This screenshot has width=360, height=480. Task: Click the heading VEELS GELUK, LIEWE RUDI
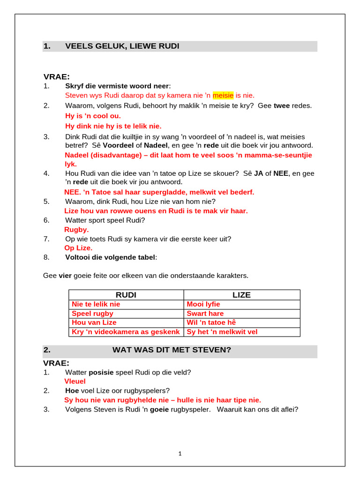[122, 46]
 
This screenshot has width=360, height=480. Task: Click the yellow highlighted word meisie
[223, 95]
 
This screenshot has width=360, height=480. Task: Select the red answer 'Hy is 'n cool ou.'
[93, 116]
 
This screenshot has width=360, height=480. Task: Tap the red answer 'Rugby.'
[76, 230]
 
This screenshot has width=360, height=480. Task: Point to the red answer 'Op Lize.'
[78, 248]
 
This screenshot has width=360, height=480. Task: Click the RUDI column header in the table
[126, 295]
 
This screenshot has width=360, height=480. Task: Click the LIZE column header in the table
[241, 295]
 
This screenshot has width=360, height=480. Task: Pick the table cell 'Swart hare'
[205, 314]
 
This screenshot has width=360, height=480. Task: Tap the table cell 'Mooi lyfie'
[203, 304]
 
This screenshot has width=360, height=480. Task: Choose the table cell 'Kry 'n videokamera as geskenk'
[126, 332]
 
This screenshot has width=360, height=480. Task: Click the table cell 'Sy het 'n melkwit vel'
[222, 332]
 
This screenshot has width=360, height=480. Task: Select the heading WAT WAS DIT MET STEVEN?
[172, 350]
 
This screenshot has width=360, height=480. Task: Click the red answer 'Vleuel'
[75, 382]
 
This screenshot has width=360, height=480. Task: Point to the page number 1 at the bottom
[180, 453]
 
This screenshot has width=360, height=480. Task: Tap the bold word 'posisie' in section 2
[101, 372]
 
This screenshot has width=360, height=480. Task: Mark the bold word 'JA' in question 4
[258, 173]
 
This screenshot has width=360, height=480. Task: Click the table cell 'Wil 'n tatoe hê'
[211, 322]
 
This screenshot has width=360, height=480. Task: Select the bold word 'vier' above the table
[65, 275]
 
